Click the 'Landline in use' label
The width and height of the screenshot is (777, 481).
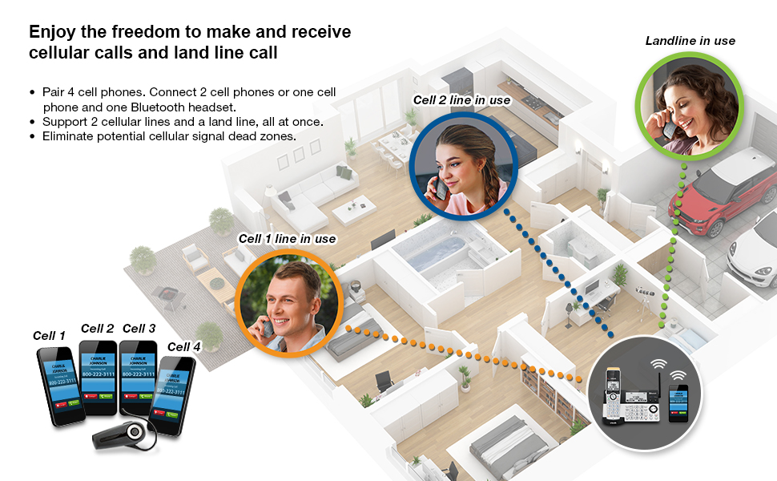(x=690, y=41)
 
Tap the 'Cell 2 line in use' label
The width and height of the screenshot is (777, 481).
(x=461, y=100)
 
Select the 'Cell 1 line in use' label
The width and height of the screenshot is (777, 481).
(x=287, y=239)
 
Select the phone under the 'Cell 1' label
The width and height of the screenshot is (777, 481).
(x=60, y=386)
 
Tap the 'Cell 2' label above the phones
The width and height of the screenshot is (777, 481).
(x=97, y=329)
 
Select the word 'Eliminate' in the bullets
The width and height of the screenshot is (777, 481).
(x=67, y=136)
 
